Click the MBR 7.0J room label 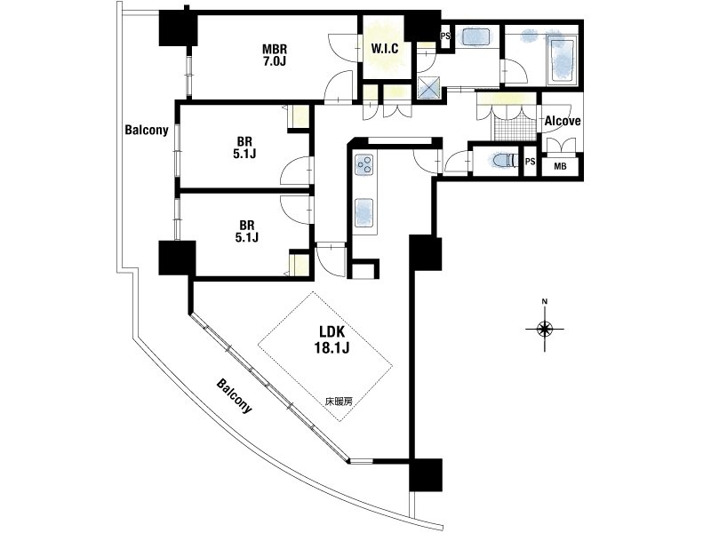click(x=275, y=55)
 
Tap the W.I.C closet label click(x=385, y=48)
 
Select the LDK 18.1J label click(x=332, y=339)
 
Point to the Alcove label click(x=563, y=121)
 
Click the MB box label click(x=561, y=166)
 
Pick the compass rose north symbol click(x=545, y=328)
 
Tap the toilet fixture click(x=505, y=161)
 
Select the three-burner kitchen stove click(x=364, y=164)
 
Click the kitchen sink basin click(x=364, y=212)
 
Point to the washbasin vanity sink click(x=476, y=36)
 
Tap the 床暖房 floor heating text click(x=339, y=401)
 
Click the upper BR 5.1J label click(x=245, y=147)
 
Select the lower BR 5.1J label click(x=247, y=231)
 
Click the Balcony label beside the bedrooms click(x=147, y=130)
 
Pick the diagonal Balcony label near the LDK click(x=234, y=395)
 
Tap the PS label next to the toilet click(x=530, y=162)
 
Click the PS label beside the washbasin click(x=445, y=36)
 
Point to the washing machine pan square click(x=428, y=87)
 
